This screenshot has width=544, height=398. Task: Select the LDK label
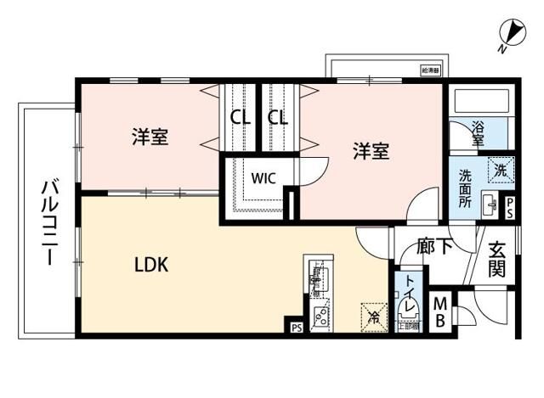pyautogui.click(x=152, y=264)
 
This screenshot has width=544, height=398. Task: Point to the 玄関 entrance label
pyautogui.click(x=496, y=261)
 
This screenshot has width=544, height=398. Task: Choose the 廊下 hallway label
pyautogui.click(x=433, y=247)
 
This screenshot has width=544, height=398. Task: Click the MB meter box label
pyautogui.click(x=441, y=311)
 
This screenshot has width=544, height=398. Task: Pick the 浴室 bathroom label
pyautogui.click(x=478, y=132)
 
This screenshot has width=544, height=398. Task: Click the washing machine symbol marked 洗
pyautogui.click(x=501, y=170)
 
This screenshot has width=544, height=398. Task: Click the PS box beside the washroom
pyautogui.click(x=509, y=209)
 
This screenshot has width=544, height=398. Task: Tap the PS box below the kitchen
pyautogui.click(x=296, y=327)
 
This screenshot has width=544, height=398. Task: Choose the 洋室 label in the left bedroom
pyautogui.click(x=150, y=136)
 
